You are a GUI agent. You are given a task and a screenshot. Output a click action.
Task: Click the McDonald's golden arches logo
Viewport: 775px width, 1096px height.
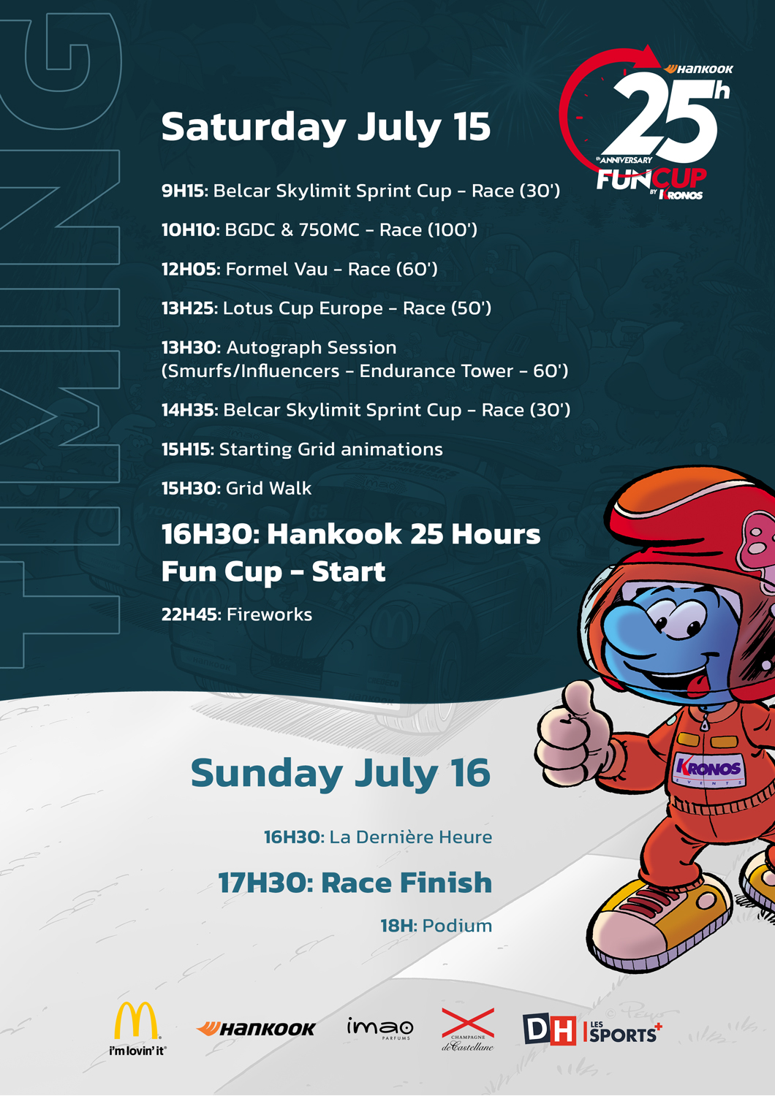137,1021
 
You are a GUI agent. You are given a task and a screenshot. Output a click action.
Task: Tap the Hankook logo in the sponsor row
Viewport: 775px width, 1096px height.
256,1029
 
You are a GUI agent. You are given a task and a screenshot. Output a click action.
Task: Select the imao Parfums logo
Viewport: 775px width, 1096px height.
380,1029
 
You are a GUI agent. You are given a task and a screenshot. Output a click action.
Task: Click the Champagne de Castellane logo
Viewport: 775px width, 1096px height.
468,1028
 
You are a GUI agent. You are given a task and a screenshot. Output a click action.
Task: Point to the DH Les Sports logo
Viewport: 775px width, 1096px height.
591,1030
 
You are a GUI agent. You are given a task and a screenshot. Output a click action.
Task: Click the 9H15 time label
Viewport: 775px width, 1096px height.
184,191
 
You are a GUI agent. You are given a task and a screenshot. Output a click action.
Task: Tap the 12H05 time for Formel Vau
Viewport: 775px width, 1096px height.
189,270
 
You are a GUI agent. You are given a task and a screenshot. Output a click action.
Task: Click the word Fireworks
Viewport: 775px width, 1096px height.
269,614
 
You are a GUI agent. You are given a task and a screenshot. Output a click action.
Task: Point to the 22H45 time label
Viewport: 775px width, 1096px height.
189,614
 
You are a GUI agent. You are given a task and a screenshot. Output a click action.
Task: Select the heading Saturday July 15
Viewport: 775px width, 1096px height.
325,126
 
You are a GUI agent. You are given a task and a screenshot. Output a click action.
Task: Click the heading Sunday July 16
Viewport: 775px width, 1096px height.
340,773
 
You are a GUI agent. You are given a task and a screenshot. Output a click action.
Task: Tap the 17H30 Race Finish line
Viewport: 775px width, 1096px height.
355,883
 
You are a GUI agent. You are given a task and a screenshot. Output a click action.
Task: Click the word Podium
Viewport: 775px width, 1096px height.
457,926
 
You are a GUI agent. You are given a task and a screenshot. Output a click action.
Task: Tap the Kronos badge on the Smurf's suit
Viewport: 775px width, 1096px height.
708,769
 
